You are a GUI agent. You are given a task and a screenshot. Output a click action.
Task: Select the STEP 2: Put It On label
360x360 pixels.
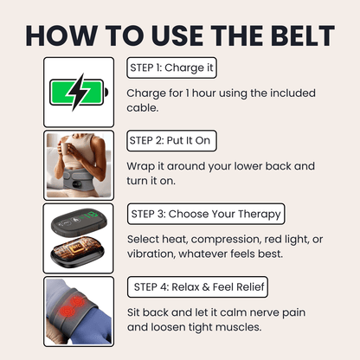click(172, 140)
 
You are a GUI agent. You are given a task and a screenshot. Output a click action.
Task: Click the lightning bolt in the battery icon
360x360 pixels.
click(77, 91)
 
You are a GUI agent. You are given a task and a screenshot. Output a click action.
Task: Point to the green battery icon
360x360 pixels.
click(78, 91)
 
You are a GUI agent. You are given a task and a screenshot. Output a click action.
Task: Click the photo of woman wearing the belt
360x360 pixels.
click(79, 164)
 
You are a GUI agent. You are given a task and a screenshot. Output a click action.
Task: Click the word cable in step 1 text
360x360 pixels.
click(145, 108)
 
